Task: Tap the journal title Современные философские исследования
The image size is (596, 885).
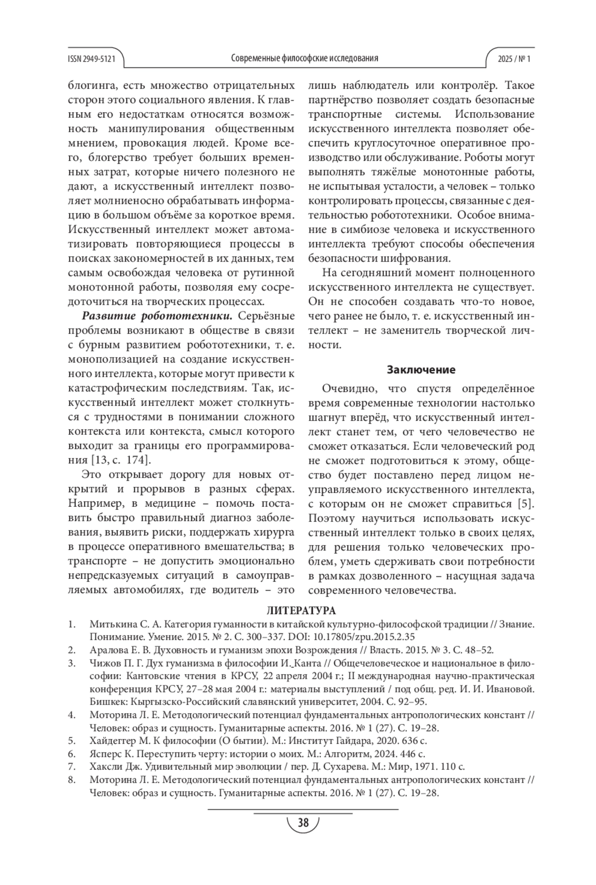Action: tap(304, 59)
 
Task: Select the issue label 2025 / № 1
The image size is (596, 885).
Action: tap(514, 59)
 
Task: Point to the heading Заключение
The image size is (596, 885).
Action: tap(421, 370)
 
